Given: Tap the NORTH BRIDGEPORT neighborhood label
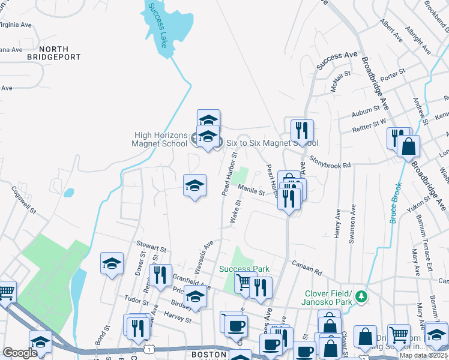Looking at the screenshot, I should point(53,53).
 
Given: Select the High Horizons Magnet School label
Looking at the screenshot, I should point(160,140).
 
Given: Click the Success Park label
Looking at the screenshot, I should point(244,269).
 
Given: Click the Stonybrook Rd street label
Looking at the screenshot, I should point(330,161).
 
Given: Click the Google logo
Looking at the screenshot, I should point(20,352).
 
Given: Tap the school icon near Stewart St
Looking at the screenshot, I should point(112,263).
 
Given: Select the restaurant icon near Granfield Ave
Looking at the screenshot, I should point(160,275).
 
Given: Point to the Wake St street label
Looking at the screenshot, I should point(236,212).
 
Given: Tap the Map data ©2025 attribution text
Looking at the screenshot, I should point(423,355).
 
